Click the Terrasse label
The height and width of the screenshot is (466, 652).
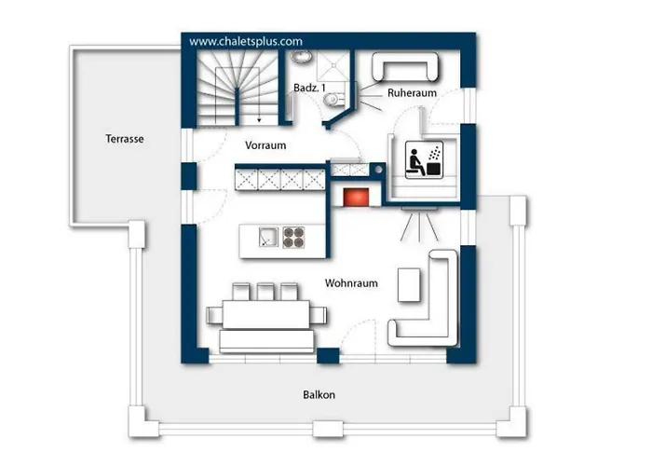(125, 139)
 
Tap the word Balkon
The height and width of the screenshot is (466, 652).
(319, 394)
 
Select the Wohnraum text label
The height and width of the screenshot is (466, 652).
(351, 283)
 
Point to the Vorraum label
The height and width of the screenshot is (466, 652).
(265, 145)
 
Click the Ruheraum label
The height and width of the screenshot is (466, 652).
(412, 93)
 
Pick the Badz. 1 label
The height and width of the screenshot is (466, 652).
(309, 88)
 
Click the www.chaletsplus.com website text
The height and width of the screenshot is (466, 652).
(246, 41)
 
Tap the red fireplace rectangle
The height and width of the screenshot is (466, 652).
(356, 197)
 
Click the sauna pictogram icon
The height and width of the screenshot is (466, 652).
(423, 160)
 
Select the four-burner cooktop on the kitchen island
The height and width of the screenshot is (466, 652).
(293, 237)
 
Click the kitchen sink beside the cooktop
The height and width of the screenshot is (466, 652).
(268, 237)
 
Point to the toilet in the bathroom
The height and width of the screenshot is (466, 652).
(333, 99)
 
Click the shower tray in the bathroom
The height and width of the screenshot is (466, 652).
(333, 66)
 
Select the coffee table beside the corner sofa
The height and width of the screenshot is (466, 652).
(409, 285)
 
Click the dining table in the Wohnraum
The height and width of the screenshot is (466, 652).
(266, 314)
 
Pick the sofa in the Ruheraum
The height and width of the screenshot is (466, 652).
(405, 66)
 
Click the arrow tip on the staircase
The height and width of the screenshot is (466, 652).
(259, 121)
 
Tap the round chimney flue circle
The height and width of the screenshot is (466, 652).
(378, 170)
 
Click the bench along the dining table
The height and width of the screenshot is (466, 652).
(266, 341)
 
